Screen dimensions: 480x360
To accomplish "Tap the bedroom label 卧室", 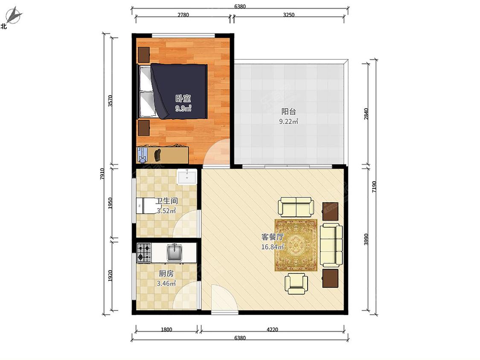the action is (x=183, y=99).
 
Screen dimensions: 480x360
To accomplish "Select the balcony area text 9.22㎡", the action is (x=288, y=122).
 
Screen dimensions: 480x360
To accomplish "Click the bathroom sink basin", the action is (x=187, y=177).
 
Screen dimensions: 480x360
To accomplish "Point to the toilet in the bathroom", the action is (x=147, y=206).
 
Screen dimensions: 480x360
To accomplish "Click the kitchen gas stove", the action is (x=144, y=253).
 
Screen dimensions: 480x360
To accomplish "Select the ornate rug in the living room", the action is (x=296, y=245).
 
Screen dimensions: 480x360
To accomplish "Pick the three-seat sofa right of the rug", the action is (x=331, y=244).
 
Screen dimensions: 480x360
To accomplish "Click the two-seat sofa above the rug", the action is (x=296, y=206).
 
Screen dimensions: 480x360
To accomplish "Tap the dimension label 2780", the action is (x=183, y=15).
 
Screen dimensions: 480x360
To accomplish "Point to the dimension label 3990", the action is (x=366, y=239).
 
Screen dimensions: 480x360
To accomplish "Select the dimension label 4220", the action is (x=272, y=330).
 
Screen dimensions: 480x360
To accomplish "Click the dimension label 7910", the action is (x=102, y=174).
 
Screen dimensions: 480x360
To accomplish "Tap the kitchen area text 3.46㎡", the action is (x=166, y=284).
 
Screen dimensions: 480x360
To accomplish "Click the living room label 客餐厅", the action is (x=273, y=237).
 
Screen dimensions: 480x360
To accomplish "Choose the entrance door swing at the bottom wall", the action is (x=224, y=298).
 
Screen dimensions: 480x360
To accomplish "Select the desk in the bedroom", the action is (x=162, y=154).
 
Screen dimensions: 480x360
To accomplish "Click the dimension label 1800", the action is (x=166, y=330).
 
